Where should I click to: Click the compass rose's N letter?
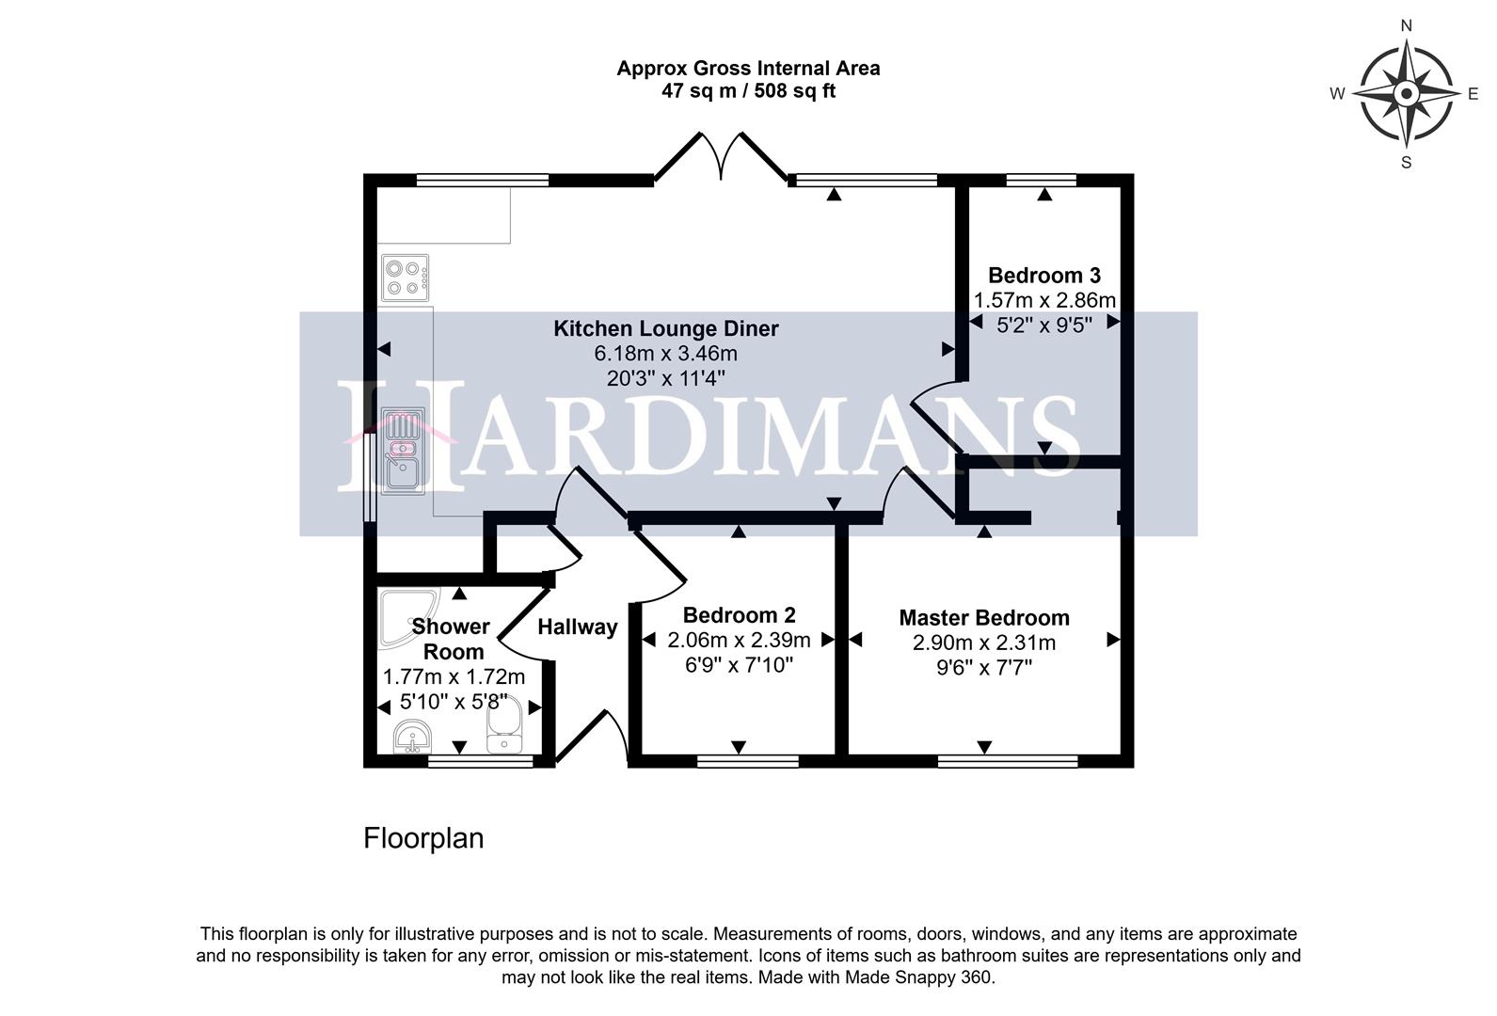point(1406,26)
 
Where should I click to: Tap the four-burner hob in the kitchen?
point(405,278)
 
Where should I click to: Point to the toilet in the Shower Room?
point(504,729)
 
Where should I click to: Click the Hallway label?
point(577,627)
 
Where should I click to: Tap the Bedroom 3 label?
point(1043,276)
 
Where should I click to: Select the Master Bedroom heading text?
point(983,618)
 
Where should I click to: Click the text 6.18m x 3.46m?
point(665,354)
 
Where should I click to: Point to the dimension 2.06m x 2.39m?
point(739,641)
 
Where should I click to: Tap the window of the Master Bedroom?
point(1007,760)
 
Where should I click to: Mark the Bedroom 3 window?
point(1041,180)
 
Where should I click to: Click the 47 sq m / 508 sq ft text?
point(748,91)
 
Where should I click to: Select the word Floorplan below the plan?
point(423,838)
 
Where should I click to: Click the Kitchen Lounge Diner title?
point(665,328)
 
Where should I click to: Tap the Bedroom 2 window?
point(747,760)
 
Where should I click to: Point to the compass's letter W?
point(1336,93)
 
